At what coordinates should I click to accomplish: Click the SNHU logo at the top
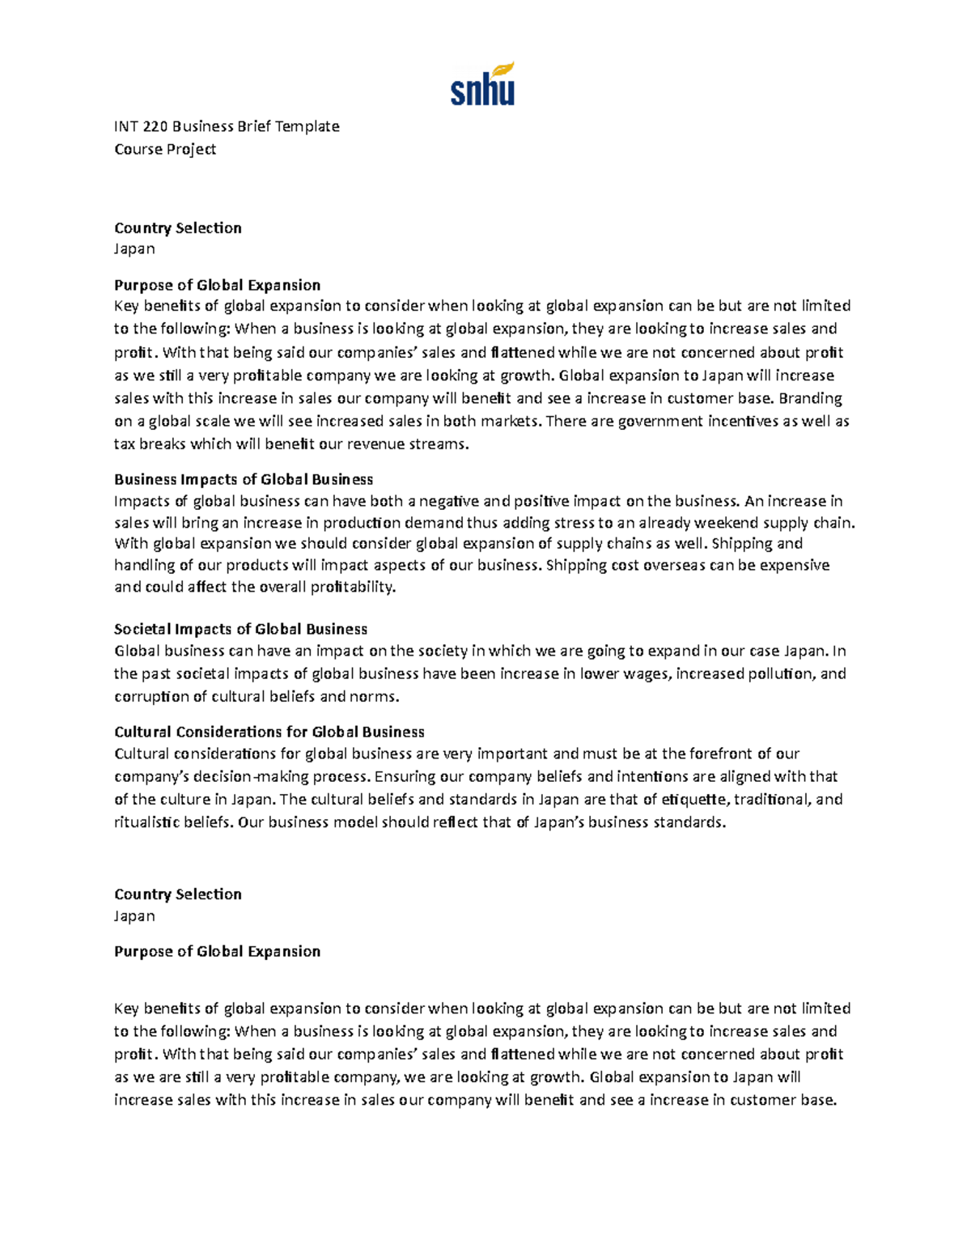[x=482, y=84]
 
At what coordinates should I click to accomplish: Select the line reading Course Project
[x=165, y=149]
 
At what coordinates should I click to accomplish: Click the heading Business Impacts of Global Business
[x=244, y=479]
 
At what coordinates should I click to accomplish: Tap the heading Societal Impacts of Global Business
[x=240, y=629]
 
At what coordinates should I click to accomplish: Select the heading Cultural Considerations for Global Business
[x=269, y=732]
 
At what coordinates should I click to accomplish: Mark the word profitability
[x=353, y=587]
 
